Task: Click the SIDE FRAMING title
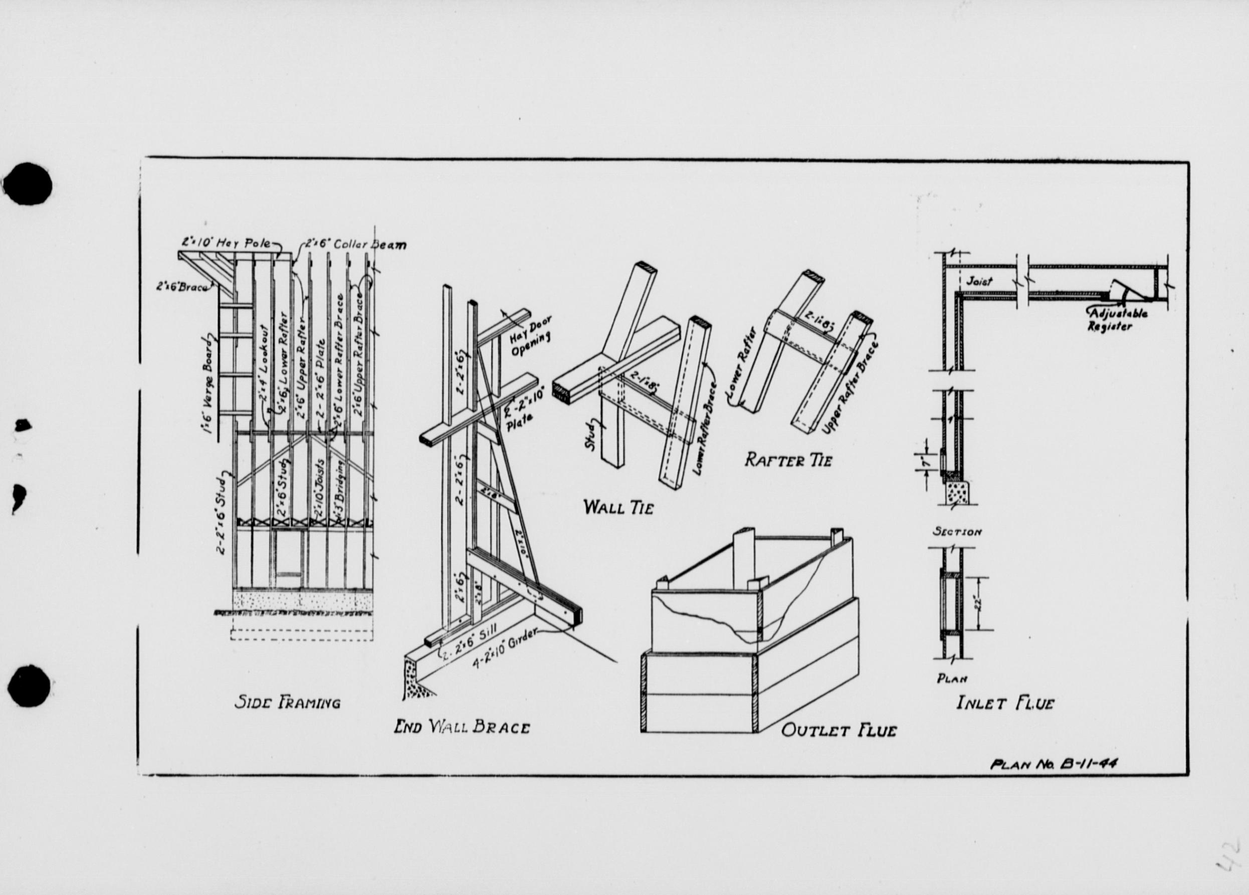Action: (288, 703)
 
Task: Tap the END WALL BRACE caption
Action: (462, 728)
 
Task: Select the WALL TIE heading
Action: (618, 507)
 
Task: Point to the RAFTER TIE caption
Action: (788, 460)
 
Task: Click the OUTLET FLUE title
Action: (839, 731)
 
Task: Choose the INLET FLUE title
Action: (1005, 704)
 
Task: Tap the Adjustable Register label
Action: (1116, 319)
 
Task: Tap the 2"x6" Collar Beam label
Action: (356, 244)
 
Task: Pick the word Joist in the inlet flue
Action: (979, 281)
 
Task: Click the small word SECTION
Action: (957, 532)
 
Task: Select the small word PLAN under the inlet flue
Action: (952, 679)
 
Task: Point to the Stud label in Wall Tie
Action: (590, 435)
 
